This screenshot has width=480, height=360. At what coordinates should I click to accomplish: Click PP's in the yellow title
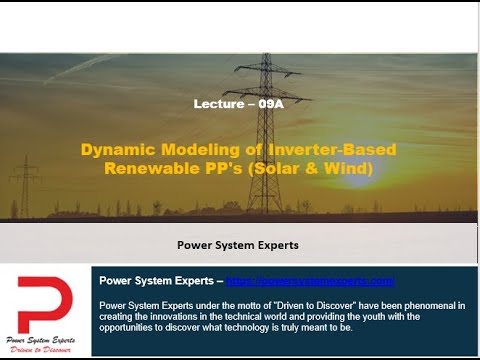point(228,168)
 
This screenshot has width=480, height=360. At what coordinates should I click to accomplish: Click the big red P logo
point(45,300)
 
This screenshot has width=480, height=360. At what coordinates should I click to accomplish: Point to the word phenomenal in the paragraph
point(432,305)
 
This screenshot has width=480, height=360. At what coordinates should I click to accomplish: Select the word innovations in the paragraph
point(174,317)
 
